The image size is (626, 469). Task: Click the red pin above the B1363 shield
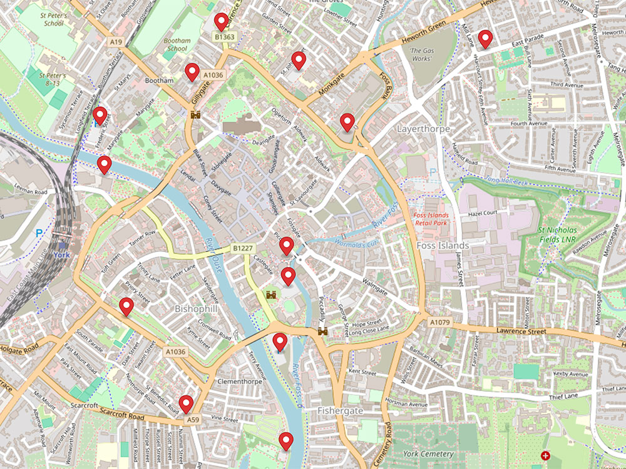(x=221, y=22)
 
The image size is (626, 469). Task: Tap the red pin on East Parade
(x=485, y=39)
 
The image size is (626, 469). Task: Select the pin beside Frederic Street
(x=100, y=116)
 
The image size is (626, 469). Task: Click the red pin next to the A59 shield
(x=186, y=404)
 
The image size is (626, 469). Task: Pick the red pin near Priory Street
(x=127, y=307)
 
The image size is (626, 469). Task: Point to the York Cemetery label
(x=428, y=453)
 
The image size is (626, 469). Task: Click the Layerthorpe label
(x=421, y=128)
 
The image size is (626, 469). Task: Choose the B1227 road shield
(x=243, y=248)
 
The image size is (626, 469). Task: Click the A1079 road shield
(x=439, y=321)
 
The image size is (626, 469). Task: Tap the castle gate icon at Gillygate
(x=195, y=115)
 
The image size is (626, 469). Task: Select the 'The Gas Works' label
(x=421, y=54)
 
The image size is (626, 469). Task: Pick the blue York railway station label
(x=60, y=255)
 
